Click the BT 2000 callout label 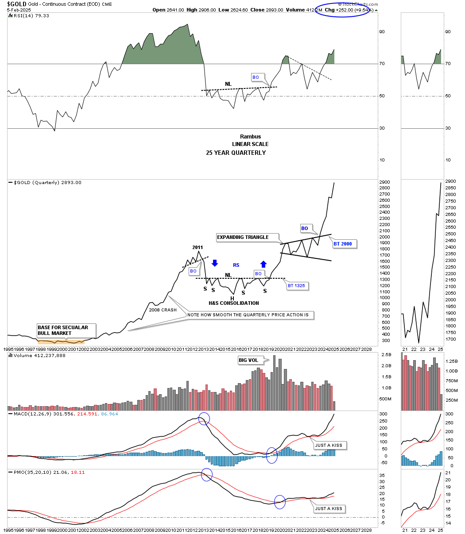point(344,244)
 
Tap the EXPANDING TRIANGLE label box point(243,237)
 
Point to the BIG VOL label point(249,360)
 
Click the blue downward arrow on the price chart point(215,263)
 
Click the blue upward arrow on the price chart point(263,264)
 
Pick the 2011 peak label point(198,247)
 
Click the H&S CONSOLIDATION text point(234,303)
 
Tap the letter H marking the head point(232,298)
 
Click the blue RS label point(236,265)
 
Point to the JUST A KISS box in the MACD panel point(329,446)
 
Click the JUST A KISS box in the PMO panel point(329,509)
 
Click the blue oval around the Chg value point(342,10)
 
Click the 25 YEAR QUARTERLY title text point(236,153)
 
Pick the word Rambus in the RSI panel point(250,136)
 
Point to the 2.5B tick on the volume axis point(386,355)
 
